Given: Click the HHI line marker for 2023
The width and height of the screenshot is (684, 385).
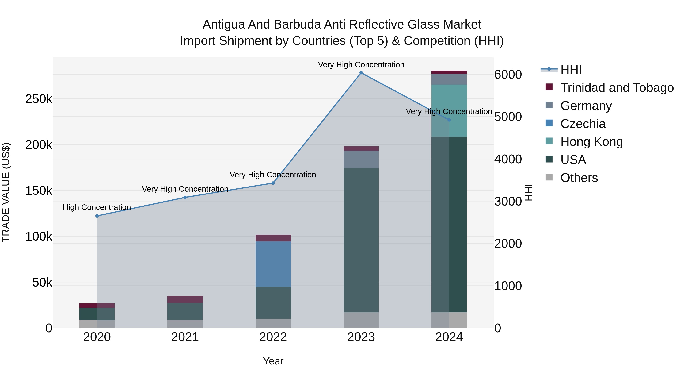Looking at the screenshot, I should [x=361, y=73].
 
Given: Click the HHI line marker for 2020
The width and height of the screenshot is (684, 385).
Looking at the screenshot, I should [x=97, y=216].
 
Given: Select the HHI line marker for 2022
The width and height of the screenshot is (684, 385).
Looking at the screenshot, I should [x=273, y=183].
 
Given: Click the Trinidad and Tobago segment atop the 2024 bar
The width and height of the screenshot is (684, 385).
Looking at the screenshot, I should [x=449, y=72].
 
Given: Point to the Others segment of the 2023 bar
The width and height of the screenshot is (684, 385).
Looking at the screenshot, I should [x=361, y=320].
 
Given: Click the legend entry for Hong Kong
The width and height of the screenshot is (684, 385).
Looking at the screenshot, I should [x=591, y=142].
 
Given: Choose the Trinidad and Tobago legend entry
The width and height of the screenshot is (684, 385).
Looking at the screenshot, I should [x=617, y=88].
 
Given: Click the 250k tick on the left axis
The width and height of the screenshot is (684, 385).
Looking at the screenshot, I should [x=39, y=99].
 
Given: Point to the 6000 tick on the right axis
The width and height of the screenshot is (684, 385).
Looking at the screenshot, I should [x=508, y=75].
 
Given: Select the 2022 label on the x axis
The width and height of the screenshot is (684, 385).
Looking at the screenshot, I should [x=273, y=337].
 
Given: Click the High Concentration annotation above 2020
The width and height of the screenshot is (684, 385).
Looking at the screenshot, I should [x=97, y=207].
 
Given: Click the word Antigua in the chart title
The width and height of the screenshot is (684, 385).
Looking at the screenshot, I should [x=224, y=25].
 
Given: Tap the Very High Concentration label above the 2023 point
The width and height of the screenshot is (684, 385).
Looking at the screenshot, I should [x=361, y=65].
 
